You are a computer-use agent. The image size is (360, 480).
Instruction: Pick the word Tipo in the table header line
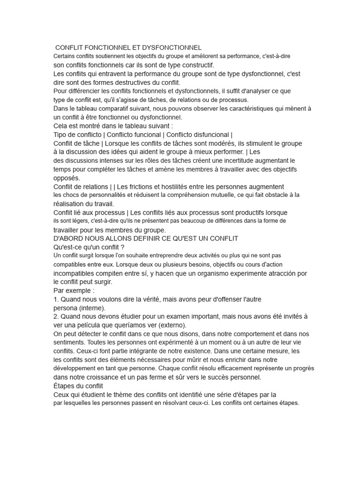(61, 135)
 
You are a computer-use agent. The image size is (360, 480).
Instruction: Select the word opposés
(67, 178)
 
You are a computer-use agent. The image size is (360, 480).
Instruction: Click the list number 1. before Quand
(56, 299)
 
